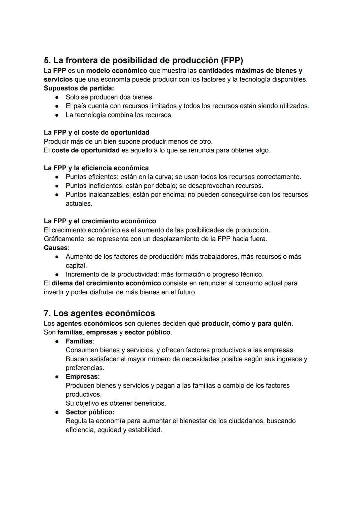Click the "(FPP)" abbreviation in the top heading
tap(232, 60)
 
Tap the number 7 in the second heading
tap(47, 313)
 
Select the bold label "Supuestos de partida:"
tap(79, 88)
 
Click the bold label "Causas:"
tap(57, 248)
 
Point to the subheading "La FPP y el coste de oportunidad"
tap(96, 133)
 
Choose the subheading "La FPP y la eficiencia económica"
tap(96, 168)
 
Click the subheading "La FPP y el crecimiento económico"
tap(100, 221)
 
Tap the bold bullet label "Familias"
tap(79, 341)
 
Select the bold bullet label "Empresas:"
tap(83, 376)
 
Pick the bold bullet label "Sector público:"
tap(90, 412)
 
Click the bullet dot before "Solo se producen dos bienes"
tap(57, 97)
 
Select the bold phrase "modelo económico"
tap(117, 71)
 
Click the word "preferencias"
tap(85, 368)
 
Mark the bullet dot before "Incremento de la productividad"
tap(57, 274)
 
